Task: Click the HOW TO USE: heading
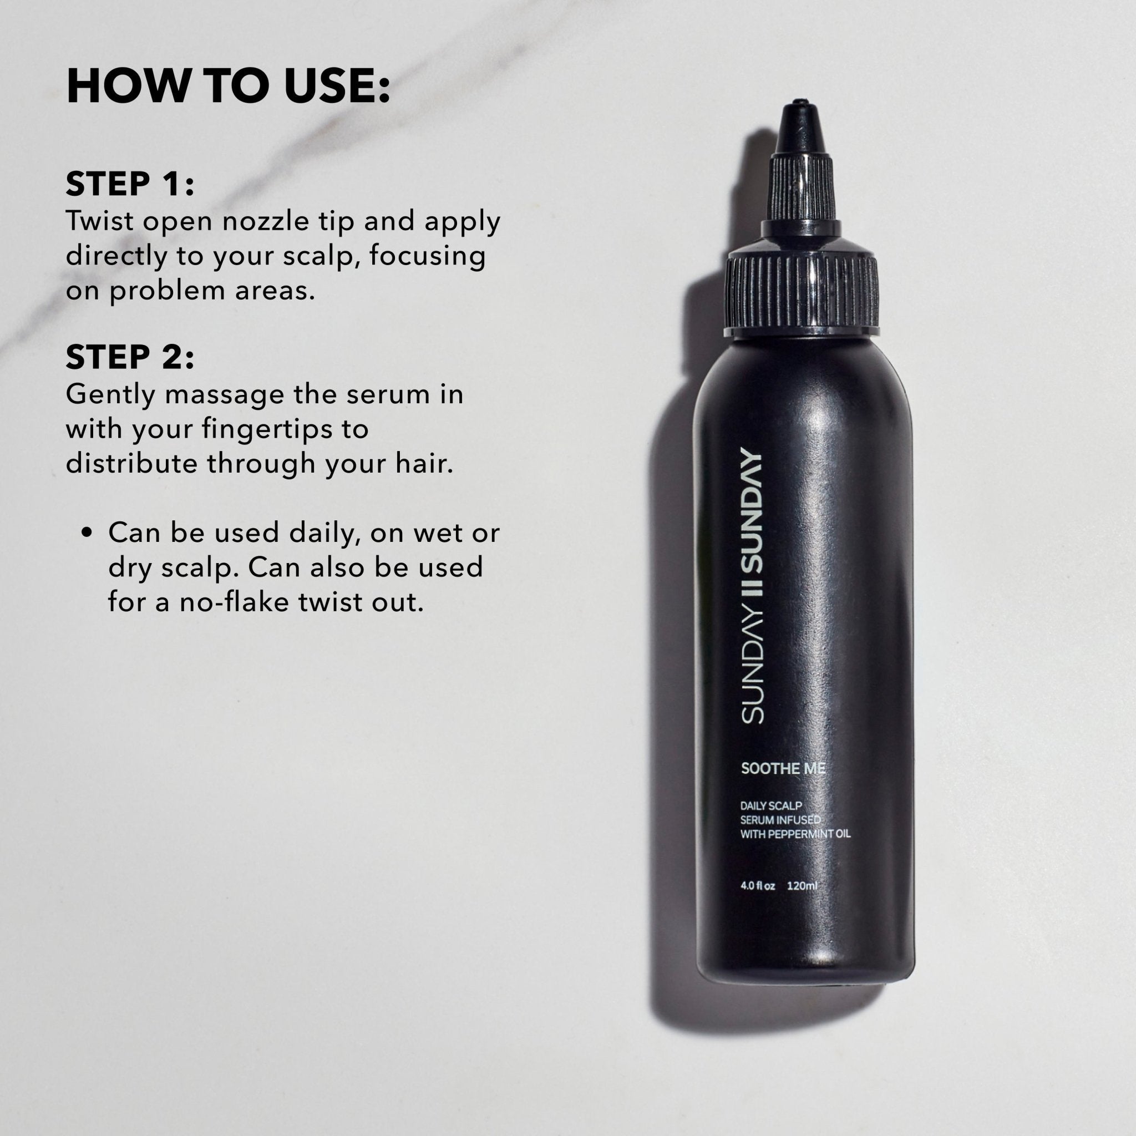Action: pos(228,87)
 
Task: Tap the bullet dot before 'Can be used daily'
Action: pos(88,532)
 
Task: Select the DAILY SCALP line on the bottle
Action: pos(770,805)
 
